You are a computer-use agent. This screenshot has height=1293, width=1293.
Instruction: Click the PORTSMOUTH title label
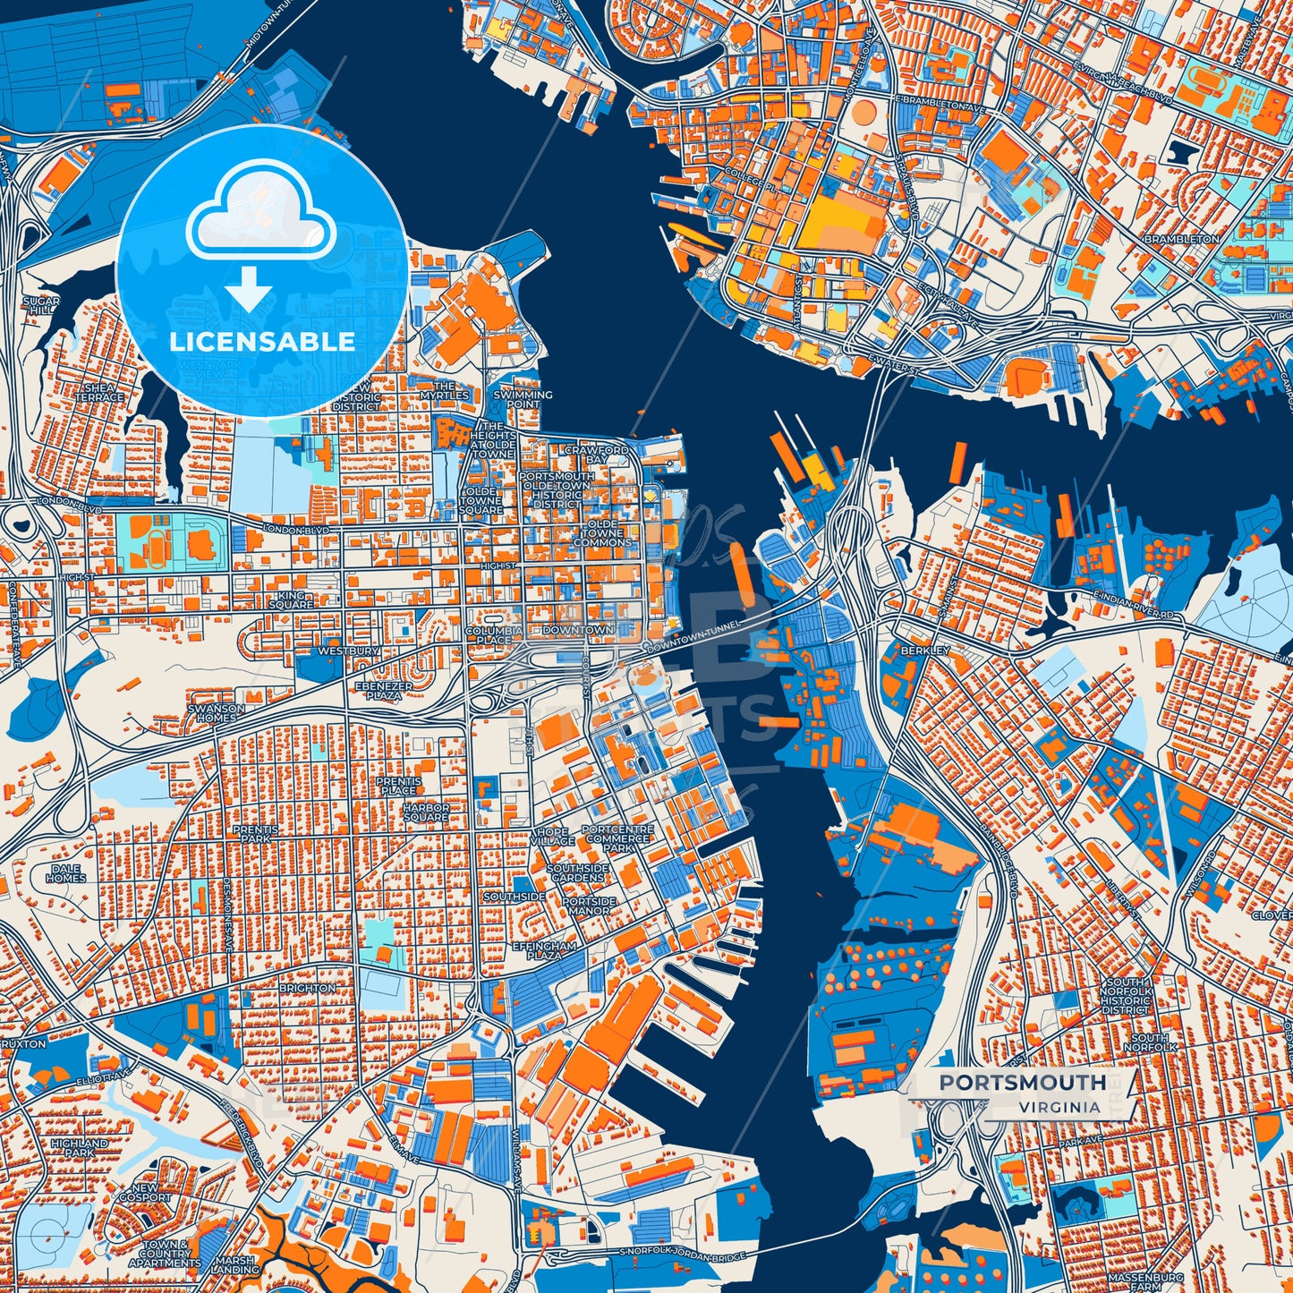[1022, 1082]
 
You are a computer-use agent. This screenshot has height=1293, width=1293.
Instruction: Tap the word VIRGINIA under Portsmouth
[1058, 1107]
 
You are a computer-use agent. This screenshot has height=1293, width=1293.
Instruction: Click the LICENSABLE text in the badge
[262, 342]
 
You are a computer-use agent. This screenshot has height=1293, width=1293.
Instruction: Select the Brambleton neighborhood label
[1181, 240]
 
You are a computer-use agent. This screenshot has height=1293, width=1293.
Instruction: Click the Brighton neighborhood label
[308, 988]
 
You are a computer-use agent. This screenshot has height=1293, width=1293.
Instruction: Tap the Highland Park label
[79, 1148]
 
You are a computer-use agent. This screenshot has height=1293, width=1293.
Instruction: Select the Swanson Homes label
[216, 712]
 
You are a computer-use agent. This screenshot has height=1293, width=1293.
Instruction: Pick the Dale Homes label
[65, 873]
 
